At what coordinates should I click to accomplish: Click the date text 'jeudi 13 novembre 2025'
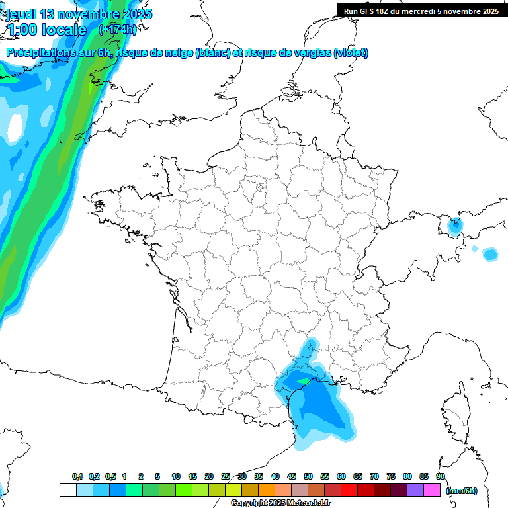(x=79, y=14)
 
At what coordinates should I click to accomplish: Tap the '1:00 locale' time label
(x=46, y=30)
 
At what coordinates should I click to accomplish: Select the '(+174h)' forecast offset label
(x=117, y=30)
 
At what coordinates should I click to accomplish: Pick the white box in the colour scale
(x=67, y=490)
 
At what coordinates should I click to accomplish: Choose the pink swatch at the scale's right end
(x=432, y=490)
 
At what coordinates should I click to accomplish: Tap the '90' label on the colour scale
(x=440, y=476)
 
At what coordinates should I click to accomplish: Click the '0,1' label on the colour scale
(x=77, y=476)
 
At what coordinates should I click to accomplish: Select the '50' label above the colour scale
(x=308, y=476)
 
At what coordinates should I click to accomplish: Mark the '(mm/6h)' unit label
(x=462, y=491)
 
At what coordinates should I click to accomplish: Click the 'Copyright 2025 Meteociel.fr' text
(x=280, y=503)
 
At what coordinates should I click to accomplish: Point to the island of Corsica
(x=455, y=413)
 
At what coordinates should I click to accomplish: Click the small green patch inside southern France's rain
(x=303, y=381)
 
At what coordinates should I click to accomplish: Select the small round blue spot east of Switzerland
(x=490, y=254)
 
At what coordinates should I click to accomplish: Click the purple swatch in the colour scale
(x=415, y=490)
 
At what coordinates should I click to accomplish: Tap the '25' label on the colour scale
(x=226, y=476)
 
